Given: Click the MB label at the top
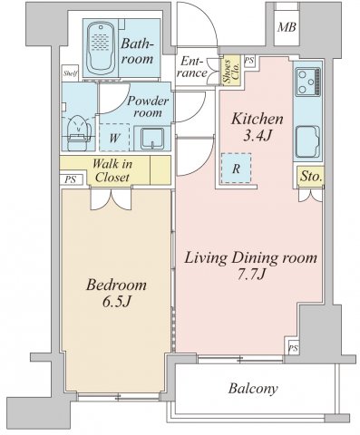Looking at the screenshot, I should [287, 27].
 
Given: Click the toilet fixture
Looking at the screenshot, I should [78, 128].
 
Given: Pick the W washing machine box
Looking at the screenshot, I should [114, 138].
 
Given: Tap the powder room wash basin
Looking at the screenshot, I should [151, 138].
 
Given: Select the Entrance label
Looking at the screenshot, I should [193, 67].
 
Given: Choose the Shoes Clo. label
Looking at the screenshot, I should [230, 71].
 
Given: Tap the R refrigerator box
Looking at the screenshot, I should [236, 169].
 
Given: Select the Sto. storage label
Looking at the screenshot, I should [309, 179].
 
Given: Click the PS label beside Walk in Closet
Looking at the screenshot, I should [70, 179].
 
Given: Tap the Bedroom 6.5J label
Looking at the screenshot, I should [116, 292].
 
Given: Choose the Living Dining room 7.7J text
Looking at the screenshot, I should [251, 266].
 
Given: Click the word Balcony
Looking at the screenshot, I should [252, 390].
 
